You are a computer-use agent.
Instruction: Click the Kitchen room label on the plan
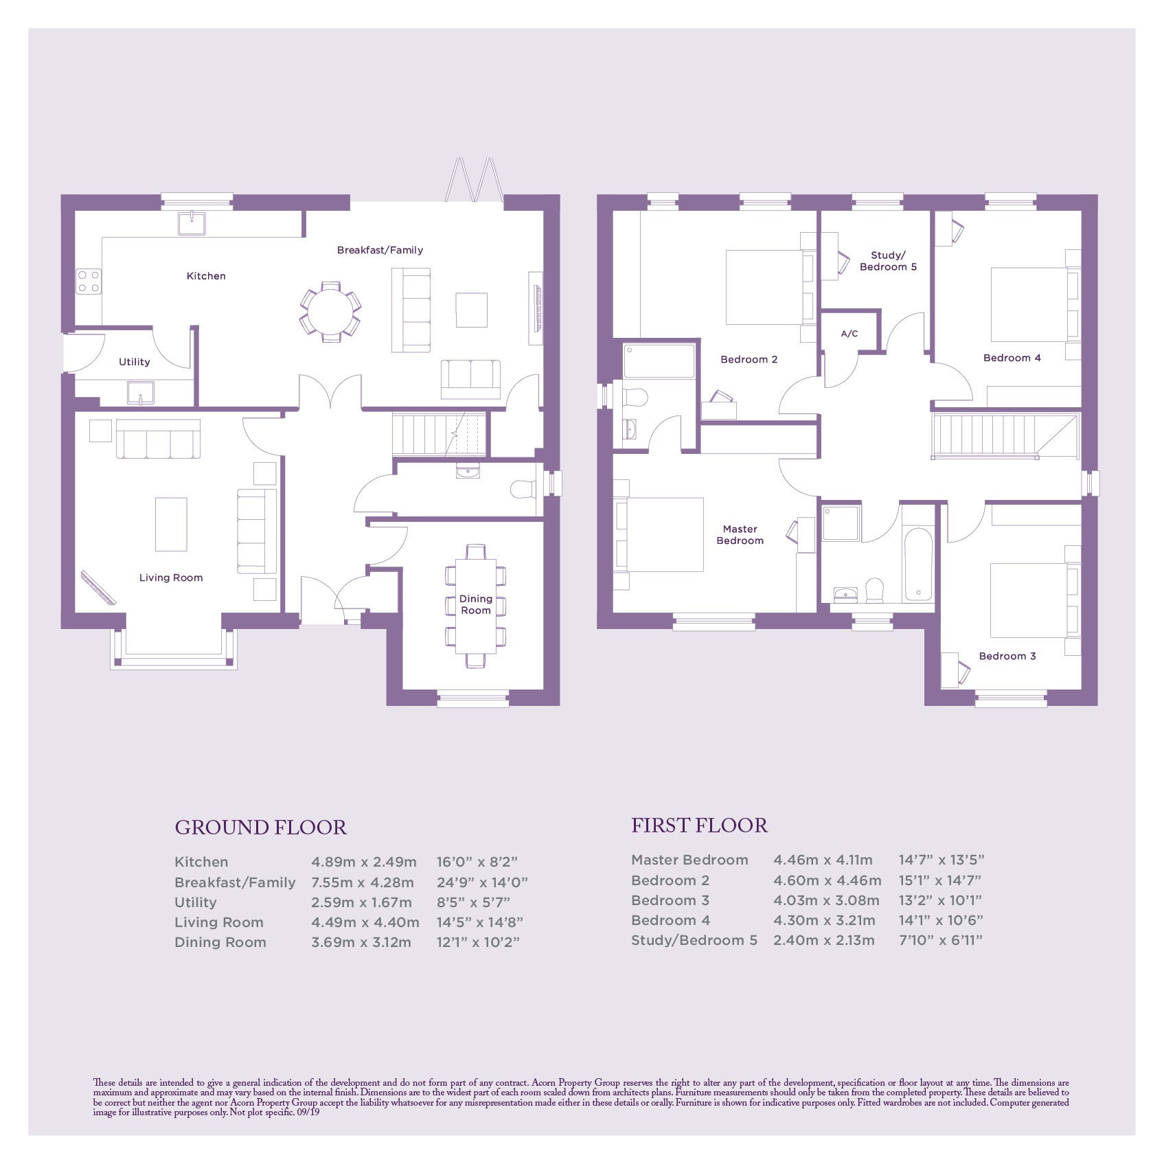point(206,276)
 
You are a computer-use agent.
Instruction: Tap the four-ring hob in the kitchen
point(89,282)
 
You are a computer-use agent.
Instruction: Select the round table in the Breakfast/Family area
point(330,312)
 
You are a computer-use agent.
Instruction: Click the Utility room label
point(134,362)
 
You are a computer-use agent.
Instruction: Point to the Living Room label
point(171,578)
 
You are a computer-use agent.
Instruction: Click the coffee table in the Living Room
point(171,525)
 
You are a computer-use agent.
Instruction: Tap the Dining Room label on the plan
point(476,604)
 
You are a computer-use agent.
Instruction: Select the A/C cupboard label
point(849,334)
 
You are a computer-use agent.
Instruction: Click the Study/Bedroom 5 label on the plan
point(888,261)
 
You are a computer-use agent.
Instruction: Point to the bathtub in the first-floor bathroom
point(918,564)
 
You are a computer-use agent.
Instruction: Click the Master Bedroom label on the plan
point(740,535)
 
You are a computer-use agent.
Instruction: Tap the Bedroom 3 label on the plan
point(1007,656)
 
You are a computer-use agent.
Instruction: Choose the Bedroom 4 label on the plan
point(1012,358)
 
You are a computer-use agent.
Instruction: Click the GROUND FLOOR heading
point(261,828)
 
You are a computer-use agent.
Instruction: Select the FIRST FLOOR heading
point(699,825)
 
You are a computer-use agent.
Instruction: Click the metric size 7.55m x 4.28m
point(363,882)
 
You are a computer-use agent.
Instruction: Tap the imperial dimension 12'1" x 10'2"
point(478,942)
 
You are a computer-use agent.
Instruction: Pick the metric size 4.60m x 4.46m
point(827,880)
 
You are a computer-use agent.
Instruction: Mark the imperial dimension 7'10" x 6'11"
point(940,940)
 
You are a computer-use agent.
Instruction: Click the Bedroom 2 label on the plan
point(749,359)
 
